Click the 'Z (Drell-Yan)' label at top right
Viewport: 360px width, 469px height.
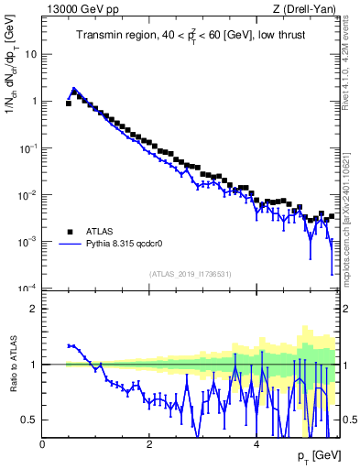pyautogui.click(x=304, y=9)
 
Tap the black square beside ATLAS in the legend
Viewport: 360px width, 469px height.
pyautogui.click(x=69, y=232)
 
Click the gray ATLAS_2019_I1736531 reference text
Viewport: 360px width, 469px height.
pyautogui.click(x=190, y=274)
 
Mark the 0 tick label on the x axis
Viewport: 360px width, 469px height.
pyautogui.click(x=43, y=446)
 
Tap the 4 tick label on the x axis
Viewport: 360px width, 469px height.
pyautogui.click(x=256, y=446)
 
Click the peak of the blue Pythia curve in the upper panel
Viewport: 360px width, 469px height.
pyautogui.click(x=74, y=90)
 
